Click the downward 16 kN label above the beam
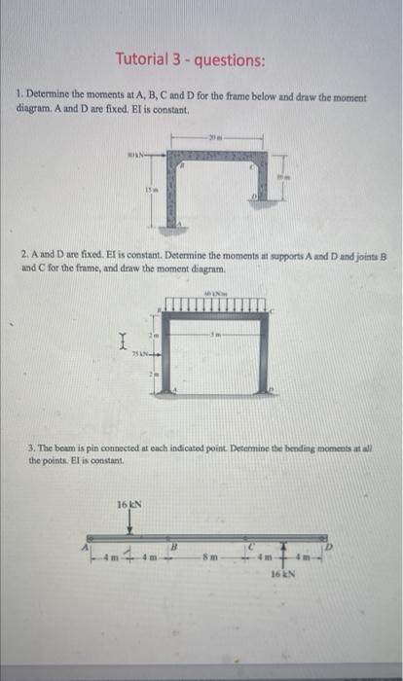(x=129, y=504)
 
